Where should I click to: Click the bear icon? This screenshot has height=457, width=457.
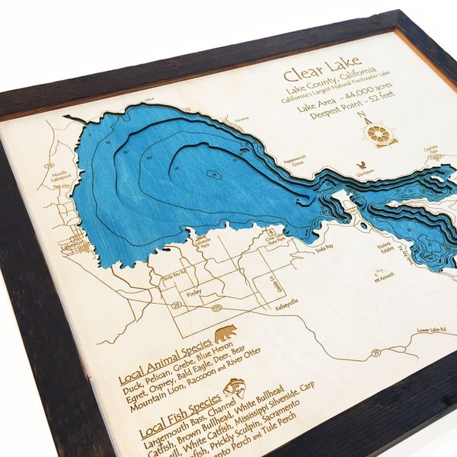(225, 334)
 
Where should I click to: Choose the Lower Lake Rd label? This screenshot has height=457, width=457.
(430, 331)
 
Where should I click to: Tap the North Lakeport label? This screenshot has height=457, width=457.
(59, 176)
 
